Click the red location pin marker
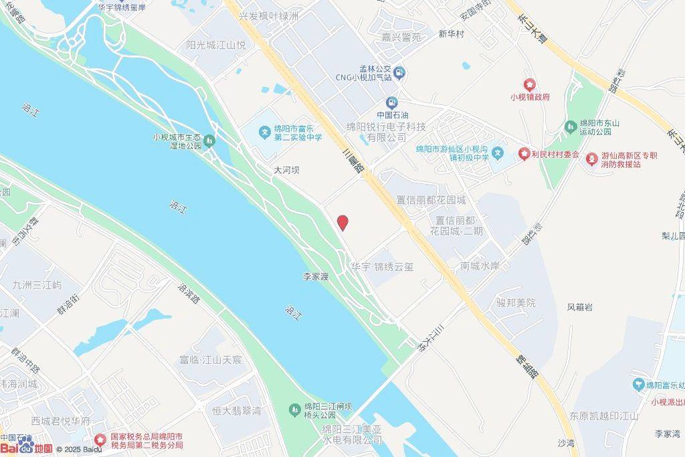(x=342, y=223)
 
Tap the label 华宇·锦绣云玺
(x=382, y=266)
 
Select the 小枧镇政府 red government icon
(x=529, y=84)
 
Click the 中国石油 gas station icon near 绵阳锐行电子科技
(x=392, y=102)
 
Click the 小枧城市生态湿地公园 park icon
(x=210, y=141)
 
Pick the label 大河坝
(x=286, y=171)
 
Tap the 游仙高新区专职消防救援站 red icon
(x=592, y=159)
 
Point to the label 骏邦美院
(x=516, y=302)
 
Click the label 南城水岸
(x=480, y=266)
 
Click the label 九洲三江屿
(x=37, y=285)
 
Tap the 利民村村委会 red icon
(x=524, y=155)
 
